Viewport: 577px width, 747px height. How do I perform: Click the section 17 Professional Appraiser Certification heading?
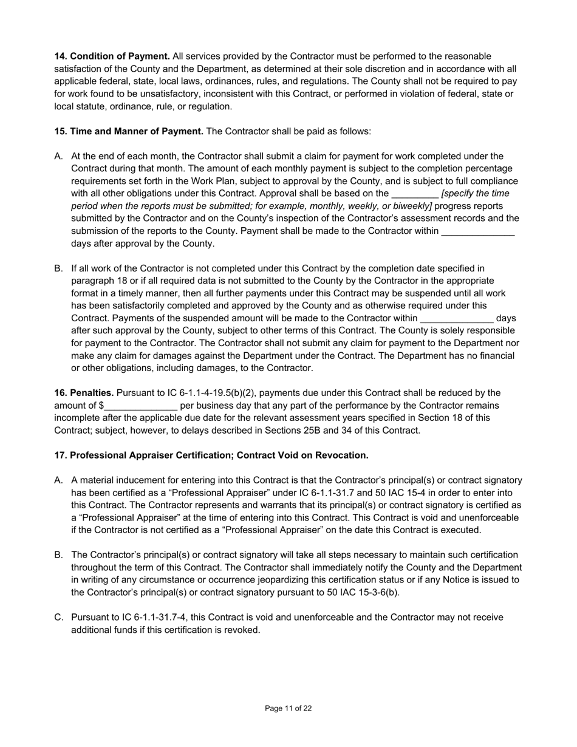point(211,455)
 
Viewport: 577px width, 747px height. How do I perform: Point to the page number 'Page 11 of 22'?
point(288,708)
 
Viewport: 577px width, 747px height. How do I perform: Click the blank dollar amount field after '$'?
point(140,406)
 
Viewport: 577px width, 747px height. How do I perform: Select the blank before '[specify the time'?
point(415,194)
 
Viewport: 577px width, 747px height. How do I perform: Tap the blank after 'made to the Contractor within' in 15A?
point(478,231)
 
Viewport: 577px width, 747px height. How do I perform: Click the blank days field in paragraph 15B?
point(457,318)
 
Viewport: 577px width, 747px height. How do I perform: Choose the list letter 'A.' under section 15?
point(59,156)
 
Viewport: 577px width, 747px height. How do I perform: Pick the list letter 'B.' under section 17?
point(59,555)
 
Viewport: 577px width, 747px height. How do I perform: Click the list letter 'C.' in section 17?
point(59,618)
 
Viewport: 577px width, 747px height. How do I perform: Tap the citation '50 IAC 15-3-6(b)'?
point(363,592)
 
